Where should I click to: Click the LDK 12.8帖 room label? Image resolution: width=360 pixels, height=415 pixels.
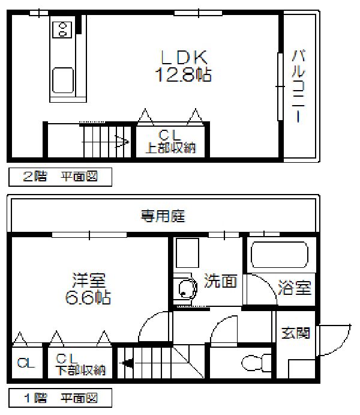tap(184, 65)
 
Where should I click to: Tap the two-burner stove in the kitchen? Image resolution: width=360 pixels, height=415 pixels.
tap(62, 29)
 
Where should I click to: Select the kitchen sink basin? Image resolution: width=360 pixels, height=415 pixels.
tap(62, 80)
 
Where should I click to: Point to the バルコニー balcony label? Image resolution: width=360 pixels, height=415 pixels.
tap(298, 86)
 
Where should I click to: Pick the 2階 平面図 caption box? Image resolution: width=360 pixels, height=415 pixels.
tap(60, 177)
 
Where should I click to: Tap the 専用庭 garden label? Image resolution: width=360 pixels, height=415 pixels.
tap(163, 216)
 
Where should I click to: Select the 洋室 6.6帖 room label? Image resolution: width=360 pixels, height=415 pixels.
tap(88, 288)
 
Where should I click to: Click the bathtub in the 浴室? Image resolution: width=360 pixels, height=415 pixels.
tap(280, 255)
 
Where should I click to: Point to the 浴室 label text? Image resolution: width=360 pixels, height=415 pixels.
tap(295, 288)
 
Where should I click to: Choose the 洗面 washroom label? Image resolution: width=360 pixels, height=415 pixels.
tap(220, 280)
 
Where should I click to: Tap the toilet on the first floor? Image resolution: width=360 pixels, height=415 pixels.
tap(256, 363)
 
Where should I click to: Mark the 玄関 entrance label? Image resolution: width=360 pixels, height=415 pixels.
tap(296, 333)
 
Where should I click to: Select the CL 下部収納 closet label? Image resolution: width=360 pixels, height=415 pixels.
tap(81, 365)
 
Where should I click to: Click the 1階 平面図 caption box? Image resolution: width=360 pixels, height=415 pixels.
tap(60, 398)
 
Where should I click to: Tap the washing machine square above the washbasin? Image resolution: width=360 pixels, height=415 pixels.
tap(187, 253)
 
